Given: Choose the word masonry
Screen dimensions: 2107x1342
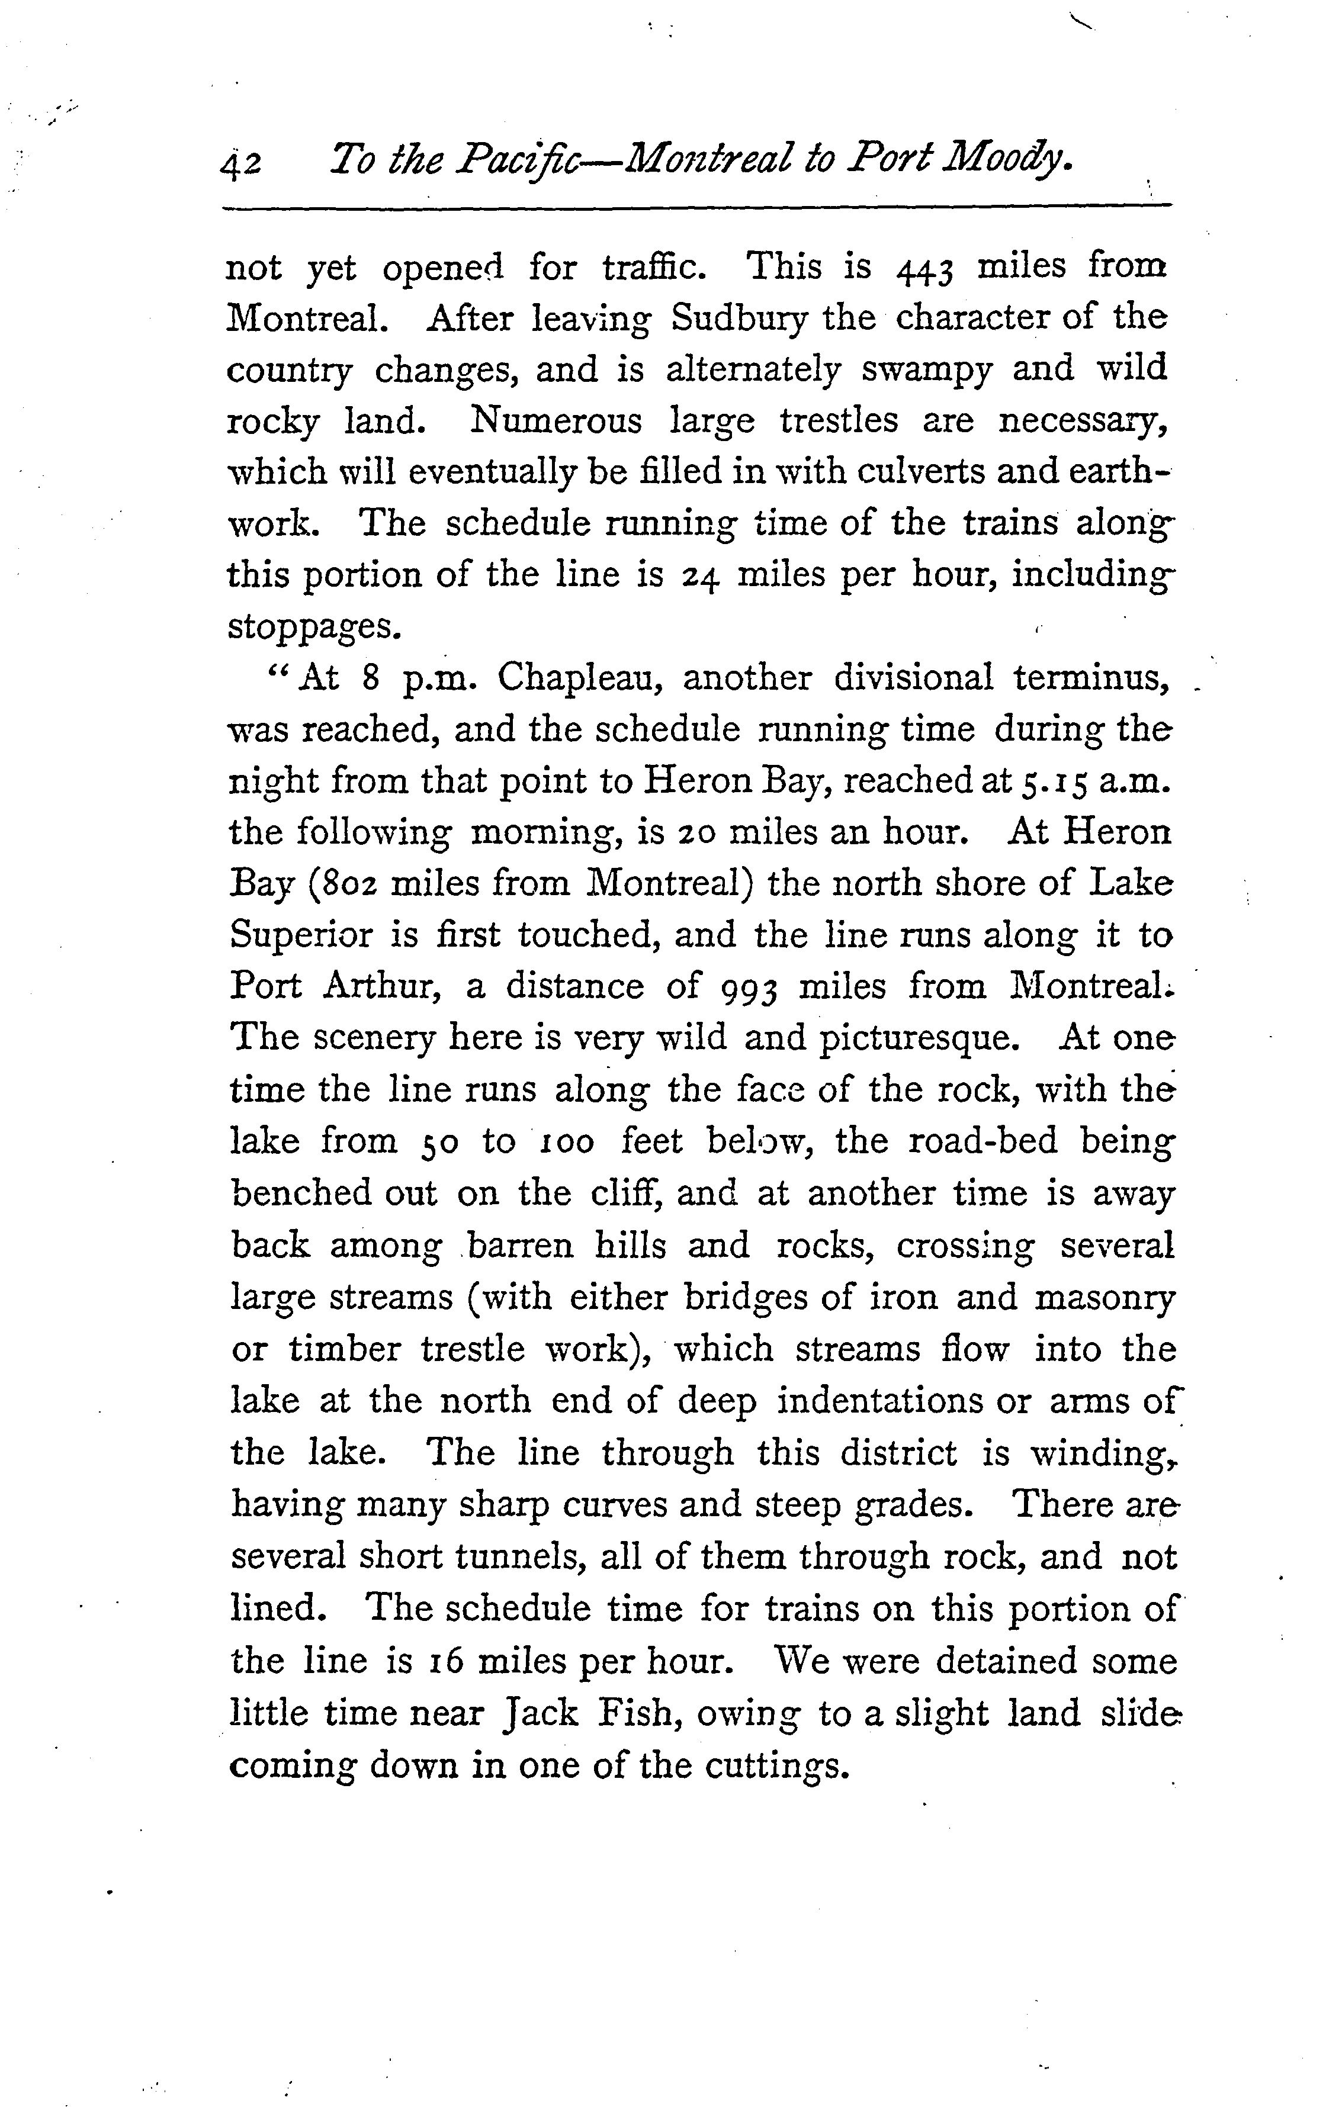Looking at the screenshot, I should pos(1105,1298).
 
